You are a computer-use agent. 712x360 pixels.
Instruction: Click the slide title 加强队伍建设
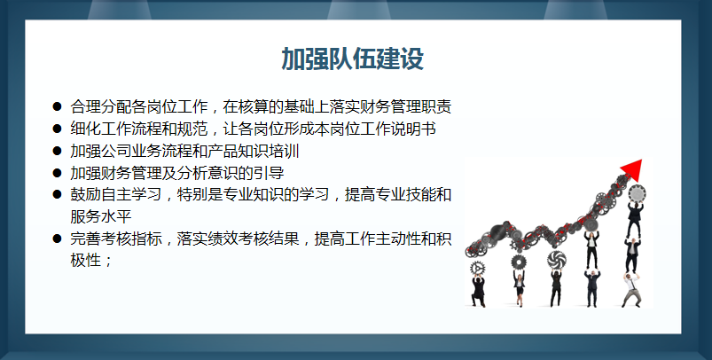tap(352, 59)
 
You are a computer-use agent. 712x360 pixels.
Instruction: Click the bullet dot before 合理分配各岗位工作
tap(57, 107)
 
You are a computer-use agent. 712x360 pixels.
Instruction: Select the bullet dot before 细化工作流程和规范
tap(57, 129)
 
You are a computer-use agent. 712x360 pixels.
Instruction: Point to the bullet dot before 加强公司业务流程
tap(57, 152)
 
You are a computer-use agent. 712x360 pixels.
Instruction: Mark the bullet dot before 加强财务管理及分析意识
tap(57, 173)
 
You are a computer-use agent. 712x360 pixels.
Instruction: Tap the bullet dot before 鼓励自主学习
tap(57, 194)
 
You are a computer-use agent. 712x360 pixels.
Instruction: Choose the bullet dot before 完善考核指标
tap(57, 239)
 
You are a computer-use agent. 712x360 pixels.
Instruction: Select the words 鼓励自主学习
tap(113, 194)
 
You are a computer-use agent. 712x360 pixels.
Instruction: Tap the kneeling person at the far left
tap(479, 289)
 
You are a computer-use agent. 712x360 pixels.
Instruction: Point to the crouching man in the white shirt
tap(631, 288)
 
